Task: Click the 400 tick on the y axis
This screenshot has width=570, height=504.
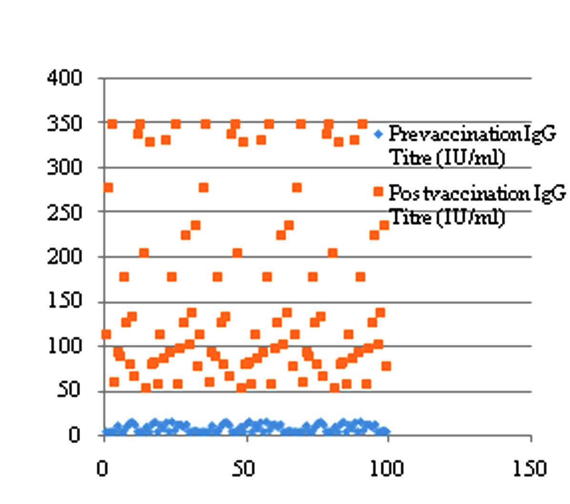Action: click(64, 78)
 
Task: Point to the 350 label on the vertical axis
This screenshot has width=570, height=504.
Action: click(64, 123)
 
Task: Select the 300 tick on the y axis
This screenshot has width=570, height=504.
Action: click(64, 168)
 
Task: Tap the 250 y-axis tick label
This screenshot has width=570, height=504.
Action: click(64, 212)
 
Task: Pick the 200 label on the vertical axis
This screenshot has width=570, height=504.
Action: click(64, 257)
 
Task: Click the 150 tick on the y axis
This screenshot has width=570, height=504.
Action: click(64, 302)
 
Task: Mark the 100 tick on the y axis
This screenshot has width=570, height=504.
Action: click(64, 346)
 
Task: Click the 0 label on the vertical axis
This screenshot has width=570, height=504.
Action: click(74, 435)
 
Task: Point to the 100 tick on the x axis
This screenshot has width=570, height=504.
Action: click(387, 469)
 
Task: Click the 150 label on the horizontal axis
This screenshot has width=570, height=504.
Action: click(529, 469)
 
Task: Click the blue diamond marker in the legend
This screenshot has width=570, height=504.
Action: click(378, 134)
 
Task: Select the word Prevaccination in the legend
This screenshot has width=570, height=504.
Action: click(431, 134)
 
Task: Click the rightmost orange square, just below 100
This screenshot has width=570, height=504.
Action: click(387, 366)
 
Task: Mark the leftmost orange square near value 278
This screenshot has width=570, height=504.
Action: click(108, 187)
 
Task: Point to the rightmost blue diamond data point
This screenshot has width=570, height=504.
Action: click(386, 432)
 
